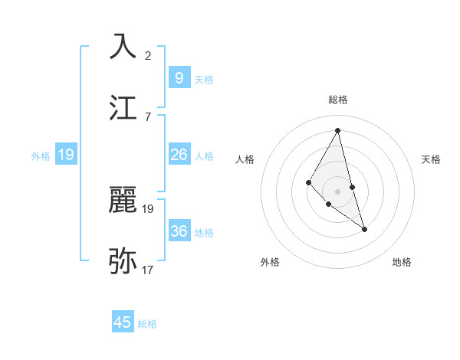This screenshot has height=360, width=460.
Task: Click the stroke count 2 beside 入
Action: coord(148,55)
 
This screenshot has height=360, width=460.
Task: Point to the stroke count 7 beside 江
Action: coord(148,116)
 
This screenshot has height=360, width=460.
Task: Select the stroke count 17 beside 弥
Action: coord(148,270)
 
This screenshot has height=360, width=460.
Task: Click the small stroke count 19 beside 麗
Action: coord(148,208)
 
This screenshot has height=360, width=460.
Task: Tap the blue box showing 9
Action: coord(179,77)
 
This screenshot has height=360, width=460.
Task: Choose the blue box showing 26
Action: coord(179,155)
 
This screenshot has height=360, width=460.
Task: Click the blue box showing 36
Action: coord(179,231)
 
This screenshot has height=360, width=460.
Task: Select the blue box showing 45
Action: coord(123,322)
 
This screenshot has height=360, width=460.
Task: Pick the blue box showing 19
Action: coord(66,155)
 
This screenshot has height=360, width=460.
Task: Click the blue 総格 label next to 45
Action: coord(147,324)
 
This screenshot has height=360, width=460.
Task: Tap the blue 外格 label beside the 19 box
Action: coord(41,156)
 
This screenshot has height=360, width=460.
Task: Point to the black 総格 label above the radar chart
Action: coord(338,100)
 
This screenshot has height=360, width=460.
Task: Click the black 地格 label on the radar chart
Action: coord(402,262)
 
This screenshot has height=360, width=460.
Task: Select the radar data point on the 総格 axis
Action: coord(338,130)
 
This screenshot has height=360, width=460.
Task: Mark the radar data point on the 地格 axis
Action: coord(364,229)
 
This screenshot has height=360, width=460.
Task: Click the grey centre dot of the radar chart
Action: coord(337,191)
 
